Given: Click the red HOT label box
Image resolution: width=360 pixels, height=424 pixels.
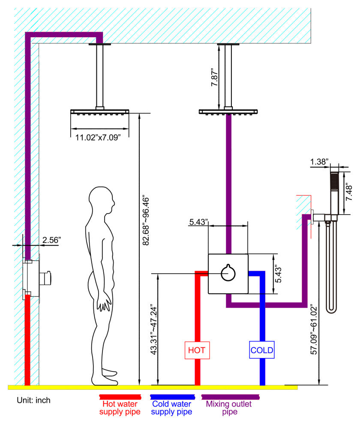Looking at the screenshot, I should [197, 350].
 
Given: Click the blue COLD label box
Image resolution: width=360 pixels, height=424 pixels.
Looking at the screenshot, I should [262, 350].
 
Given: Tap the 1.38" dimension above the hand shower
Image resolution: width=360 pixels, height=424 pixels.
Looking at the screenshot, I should [319, 162].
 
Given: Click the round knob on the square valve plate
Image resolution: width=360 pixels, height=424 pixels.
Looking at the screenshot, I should [228, 273].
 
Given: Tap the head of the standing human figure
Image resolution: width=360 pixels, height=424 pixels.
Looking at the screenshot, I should [102, 200].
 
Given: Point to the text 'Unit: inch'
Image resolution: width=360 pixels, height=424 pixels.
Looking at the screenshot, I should [33, 400].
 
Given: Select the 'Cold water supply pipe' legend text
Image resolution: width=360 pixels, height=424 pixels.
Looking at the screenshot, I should [171, 408].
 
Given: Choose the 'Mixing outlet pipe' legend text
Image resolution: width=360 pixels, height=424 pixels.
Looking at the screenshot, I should [229, 408].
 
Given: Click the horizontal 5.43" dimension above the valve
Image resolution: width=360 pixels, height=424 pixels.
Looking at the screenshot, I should [198, 222].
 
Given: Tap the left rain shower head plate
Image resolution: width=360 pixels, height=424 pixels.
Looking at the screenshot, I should [100, 112].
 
